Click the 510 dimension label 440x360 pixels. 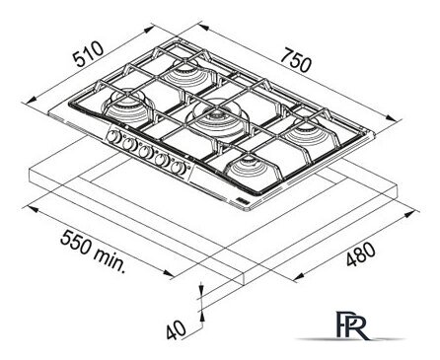88,54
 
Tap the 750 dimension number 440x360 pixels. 296,60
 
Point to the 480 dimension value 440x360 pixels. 360,254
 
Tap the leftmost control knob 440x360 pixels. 114,136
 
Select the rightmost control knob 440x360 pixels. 178,168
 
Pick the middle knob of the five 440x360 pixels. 145,152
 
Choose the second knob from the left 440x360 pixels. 129,144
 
